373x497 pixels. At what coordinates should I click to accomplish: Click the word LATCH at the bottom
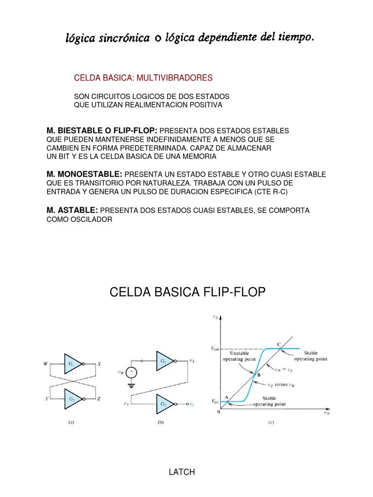182,472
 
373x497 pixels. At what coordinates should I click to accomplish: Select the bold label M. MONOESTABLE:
85,174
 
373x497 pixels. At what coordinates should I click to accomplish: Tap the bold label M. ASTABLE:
72,210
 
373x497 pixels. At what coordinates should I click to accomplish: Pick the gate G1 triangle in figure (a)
73,363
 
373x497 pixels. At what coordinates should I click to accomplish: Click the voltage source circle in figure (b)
132,373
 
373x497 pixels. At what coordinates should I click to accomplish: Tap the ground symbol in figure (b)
132,387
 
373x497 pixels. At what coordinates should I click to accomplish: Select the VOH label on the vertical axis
214,348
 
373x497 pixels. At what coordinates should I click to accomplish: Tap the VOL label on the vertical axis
214,402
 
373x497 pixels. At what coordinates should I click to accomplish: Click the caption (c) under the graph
271,422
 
